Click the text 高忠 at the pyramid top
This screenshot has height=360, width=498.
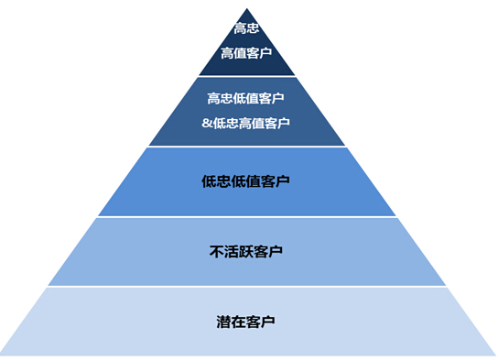(246, 28)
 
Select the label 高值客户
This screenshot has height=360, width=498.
(246, 53)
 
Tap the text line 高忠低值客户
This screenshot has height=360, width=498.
(246, 98)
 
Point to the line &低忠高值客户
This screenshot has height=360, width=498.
(246, 123)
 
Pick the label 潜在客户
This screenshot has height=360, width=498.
(246, 322)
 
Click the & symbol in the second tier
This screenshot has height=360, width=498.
(207, 123)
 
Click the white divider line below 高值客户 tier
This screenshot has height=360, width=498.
(247, 76)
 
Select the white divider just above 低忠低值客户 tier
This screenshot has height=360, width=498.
(247, 147)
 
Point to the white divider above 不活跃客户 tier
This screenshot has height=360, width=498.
(247, 217)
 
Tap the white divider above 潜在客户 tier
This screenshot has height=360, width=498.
(247, 287)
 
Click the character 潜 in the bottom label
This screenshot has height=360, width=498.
(223, 322)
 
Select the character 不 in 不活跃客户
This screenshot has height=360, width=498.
(216, 251)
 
